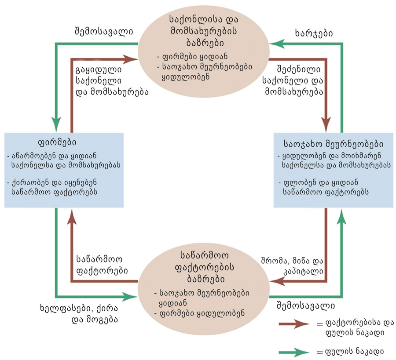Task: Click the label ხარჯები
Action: click(313, 33)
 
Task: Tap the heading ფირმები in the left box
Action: click(57, 142)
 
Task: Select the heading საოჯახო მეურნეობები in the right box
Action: click(334, 144)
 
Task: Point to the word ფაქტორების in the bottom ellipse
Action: click(204, 267)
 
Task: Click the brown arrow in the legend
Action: click(294, 324)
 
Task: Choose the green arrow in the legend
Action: click(294, 352)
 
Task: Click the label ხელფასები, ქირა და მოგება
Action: click(79, 314)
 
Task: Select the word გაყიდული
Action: click(99, 69)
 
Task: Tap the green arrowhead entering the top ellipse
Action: click(277, 44)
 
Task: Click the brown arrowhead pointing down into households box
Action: click(326, 124)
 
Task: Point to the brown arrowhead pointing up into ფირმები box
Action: click(72, 216)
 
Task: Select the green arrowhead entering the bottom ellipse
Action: click(130, 297)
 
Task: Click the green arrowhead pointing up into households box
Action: click(342, 216)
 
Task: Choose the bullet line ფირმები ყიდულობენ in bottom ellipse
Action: click(199, 313)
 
